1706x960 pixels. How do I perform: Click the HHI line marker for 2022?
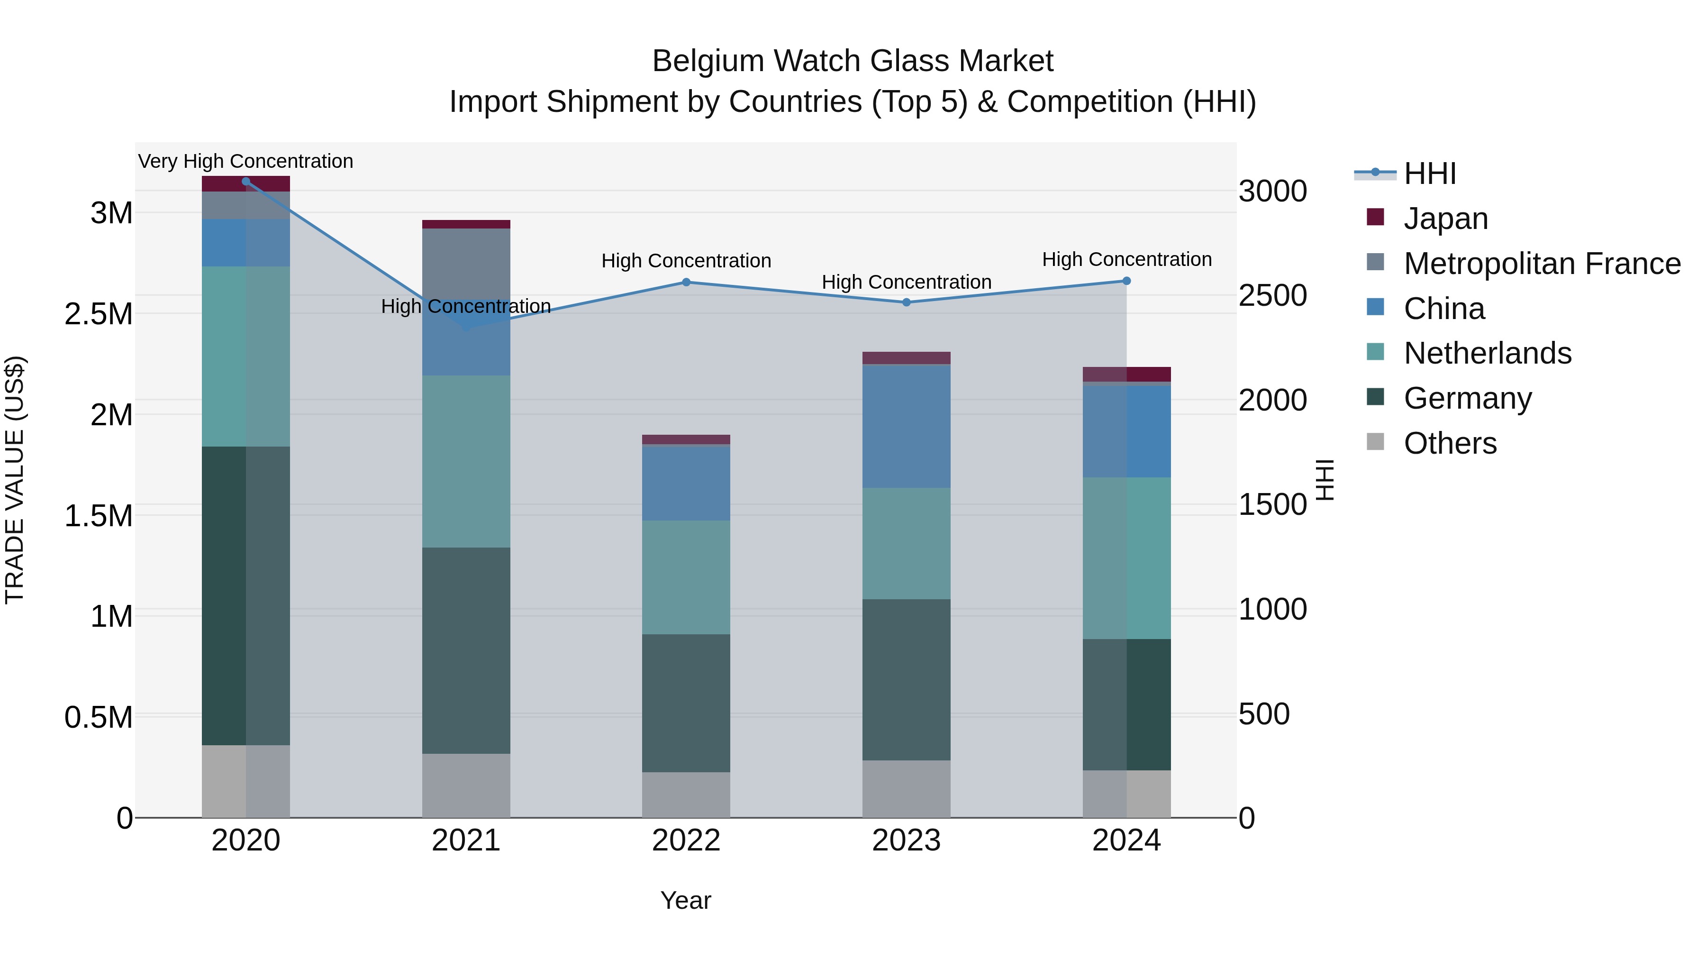tap(686, 282)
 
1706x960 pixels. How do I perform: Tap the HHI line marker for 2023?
tap(907, 302)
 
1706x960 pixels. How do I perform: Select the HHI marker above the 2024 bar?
tap(1126, 281)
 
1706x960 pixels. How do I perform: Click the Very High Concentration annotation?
tap(245, 161)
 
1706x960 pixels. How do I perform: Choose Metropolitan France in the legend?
tap(1542, 264)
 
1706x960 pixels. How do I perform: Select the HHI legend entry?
tap(1429, 174)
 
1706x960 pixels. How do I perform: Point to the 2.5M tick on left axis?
tap(99, 314)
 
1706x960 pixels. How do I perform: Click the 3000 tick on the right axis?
tap(1272, 192)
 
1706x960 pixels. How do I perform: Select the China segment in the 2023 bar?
tap(906, 426)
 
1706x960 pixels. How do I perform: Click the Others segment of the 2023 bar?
tap(906, 788)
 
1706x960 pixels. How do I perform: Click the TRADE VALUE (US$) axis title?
tap(15, 480)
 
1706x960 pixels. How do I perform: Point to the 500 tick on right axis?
tap(1263, 714)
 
